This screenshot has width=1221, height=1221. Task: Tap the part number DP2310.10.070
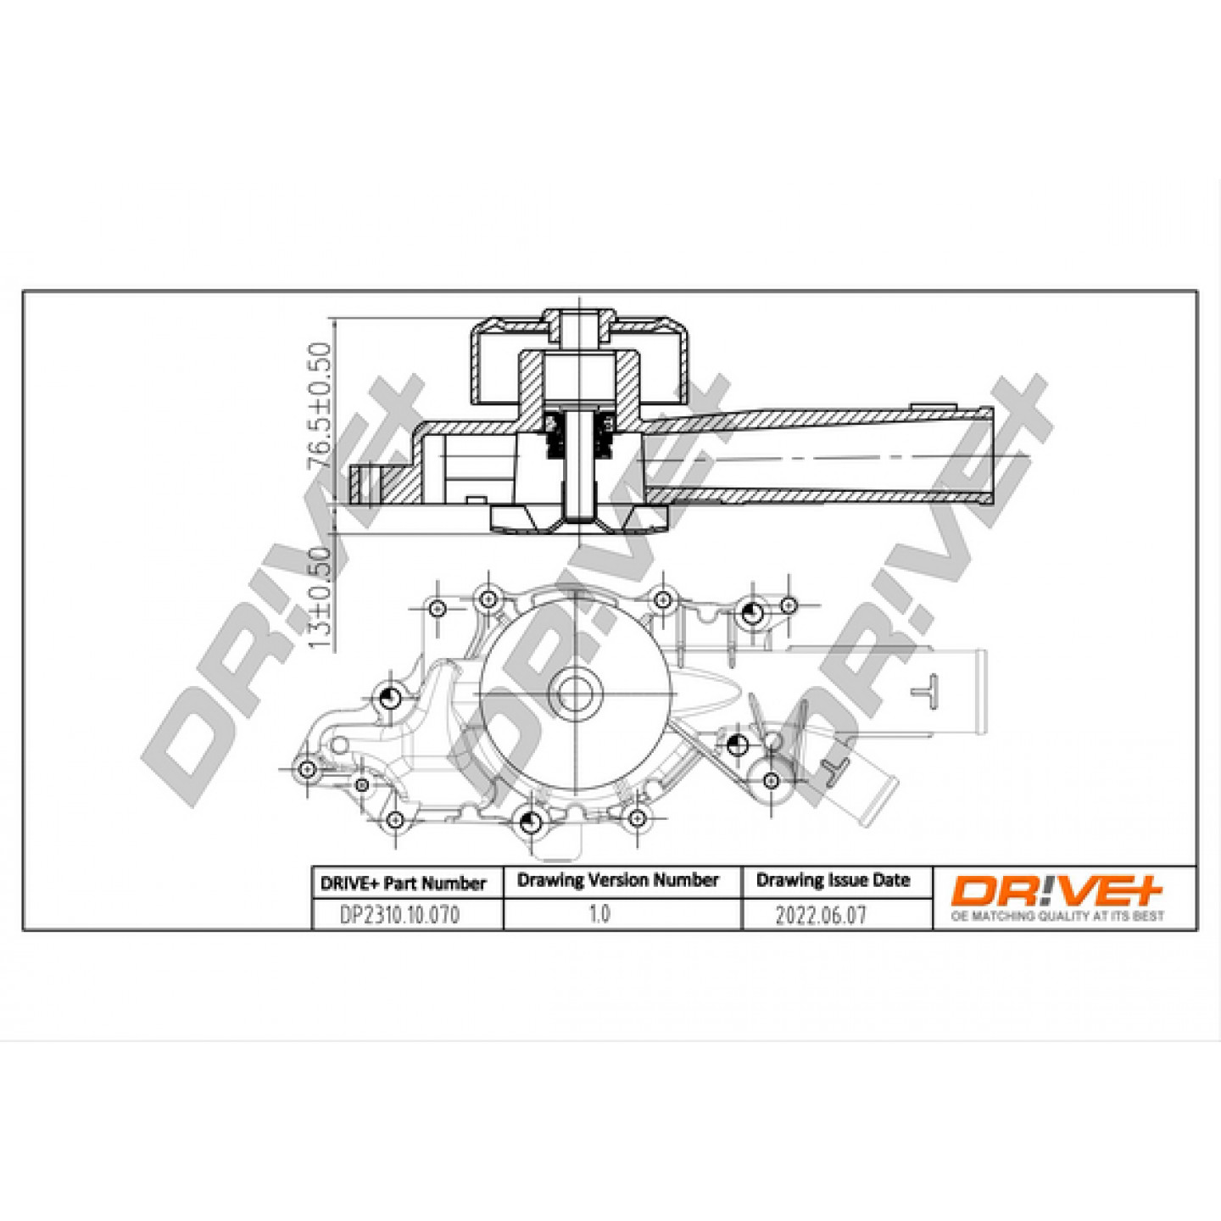click(399, 916)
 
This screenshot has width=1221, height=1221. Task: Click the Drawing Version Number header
click(618, 880)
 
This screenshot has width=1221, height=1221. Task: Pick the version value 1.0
click(599, 914)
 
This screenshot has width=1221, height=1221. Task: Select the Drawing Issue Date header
click(834, 880)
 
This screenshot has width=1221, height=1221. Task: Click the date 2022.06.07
click(821, 916)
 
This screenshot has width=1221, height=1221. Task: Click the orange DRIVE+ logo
click(1057, 891)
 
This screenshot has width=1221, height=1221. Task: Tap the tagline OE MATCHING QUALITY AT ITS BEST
click(1057, 916)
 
